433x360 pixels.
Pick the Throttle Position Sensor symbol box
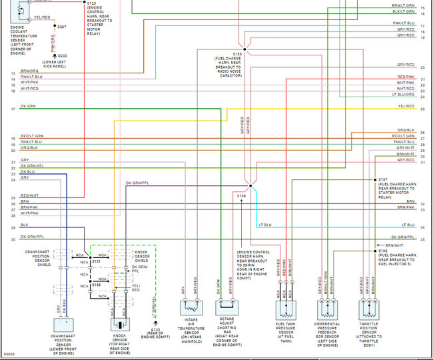tap(372, 307)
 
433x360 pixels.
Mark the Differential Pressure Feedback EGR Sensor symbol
tap(328, 307)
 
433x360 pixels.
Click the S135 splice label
tap(238, 54)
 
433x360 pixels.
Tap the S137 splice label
tap(382, 179)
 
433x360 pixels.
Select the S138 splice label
tap(241, 195)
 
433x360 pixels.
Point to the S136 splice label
tap(382, 251)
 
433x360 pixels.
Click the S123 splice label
tap(92, 3)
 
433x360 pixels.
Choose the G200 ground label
tap(62, 56)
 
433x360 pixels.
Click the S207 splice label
tap(62, 27)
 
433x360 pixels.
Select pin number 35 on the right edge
tap(422, 239)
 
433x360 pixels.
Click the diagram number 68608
tap(9, 354)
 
